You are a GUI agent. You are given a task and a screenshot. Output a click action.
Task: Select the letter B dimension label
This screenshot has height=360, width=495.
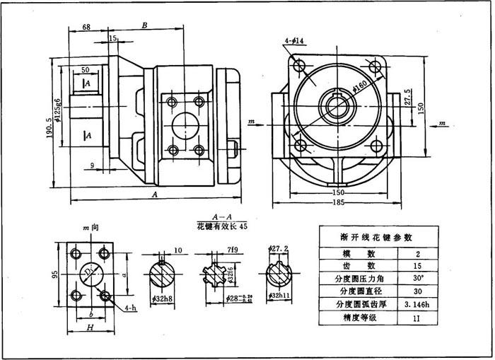[144, 25]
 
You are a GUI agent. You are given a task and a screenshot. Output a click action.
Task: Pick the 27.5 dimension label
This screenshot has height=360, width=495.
[408, 96]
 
